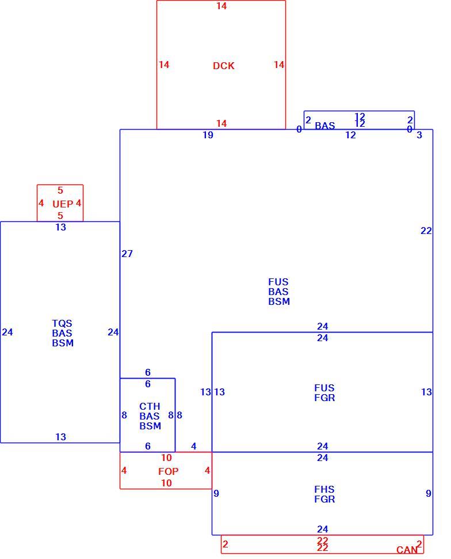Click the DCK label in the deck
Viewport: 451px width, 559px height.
coord(224,66)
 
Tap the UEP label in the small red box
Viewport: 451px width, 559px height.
coord(63,204)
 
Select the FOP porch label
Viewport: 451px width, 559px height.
coord(168,471)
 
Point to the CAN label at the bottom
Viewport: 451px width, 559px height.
coord(407,550)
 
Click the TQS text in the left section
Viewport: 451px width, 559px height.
coord(62,323)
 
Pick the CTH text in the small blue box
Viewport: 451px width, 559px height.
coord(150,406)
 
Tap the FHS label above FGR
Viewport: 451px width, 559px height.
coord(324,489)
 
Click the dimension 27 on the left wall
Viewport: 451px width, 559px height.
coord(127,254)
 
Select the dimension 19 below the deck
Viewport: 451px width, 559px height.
coord(208,135)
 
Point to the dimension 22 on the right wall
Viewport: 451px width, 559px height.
coord(426,231)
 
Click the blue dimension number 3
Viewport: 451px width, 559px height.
coord(419,135)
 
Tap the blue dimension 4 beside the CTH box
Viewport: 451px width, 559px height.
coord(194,447)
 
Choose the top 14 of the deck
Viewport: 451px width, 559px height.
coord(221,6)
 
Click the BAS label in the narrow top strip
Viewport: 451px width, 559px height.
coord(324,126)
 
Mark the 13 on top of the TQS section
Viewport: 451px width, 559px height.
coord(60,227)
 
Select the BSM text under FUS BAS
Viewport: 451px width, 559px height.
coord(279,301)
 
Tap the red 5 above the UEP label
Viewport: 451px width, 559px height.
coord(60,190)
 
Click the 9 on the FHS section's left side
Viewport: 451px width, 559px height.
coord(216,493)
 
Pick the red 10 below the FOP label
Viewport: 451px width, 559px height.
coord(166,483)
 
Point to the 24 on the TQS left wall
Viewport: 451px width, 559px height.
coord(7,333)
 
